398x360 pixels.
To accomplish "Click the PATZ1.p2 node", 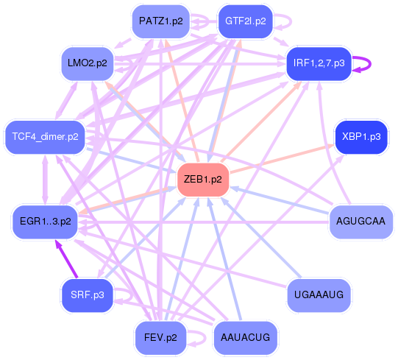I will click(160, 21).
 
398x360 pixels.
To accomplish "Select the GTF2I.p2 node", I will click(245, 21).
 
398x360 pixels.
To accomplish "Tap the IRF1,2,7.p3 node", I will click(318, 63).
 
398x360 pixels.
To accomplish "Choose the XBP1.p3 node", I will click(360, 136).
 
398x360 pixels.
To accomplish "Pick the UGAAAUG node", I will click(319, 294).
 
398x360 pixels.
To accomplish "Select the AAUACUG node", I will click(245, 338).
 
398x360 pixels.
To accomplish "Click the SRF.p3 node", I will click(88, 294).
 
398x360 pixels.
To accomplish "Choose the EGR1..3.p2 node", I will click(45, 220).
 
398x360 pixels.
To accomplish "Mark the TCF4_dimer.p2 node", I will click(45, 136).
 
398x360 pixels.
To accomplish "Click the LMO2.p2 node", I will click(87, 63).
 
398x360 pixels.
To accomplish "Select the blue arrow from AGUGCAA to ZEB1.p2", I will click(280, 200).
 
